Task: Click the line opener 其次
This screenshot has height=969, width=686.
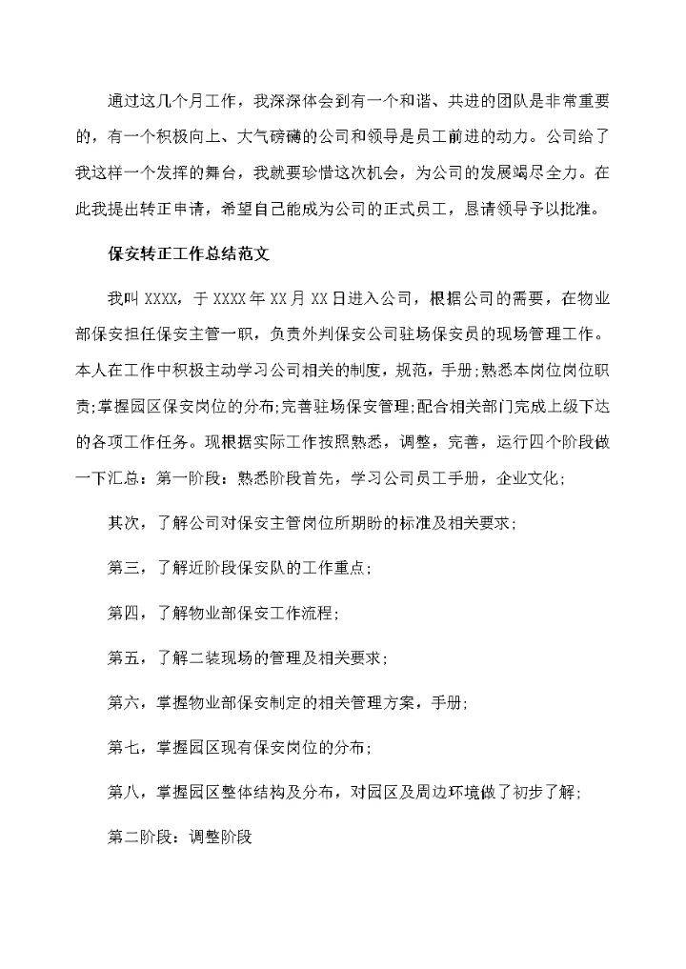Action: [122, 523]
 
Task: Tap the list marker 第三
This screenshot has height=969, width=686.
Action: [122, 568]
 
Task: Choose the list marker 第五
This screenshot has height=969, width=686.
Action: [122, 657]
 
